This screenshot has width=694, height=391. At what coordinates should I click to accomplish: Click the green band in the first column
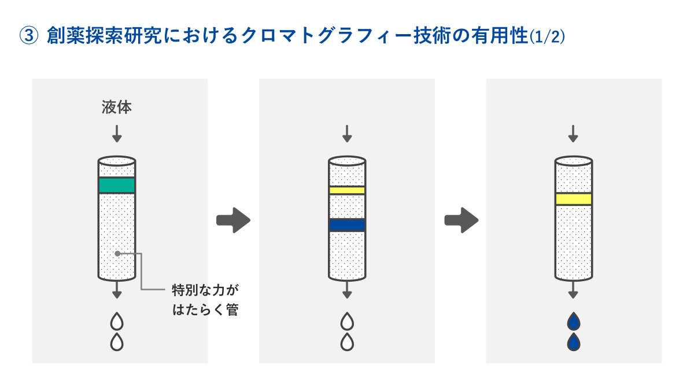point(117,185)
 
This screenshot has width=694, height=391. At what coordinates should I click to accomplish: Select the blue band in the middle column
point(347,225)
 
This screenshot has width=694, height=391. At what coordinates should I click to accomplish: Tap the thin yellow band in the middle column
point(347,190)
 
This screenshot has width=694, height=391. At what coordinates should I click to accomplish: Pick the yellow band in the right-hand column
point(573,199)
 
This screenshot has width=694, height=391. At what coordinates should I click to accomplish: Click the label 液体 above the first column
point(117,108)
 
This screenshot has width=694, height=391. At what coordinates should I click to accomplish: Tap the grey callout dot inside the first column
point(117,253)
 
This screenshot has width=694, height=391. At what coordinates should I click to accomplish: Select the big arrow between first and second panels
point(233,220)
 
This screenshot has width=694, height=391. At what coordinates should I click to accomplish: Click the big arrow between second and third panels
point(461,220)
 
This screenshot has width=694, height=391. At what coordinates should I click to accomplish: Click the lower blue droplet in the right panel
point(573,342)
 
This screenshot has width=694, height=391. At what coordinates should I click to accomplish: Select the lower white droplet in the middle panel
point(347,342)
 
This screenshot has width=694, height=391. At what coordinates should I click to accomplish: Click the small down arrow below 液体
point(117,134)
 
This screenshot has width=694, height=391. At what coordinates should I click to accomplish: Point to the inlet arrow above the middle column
point(347,134)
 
